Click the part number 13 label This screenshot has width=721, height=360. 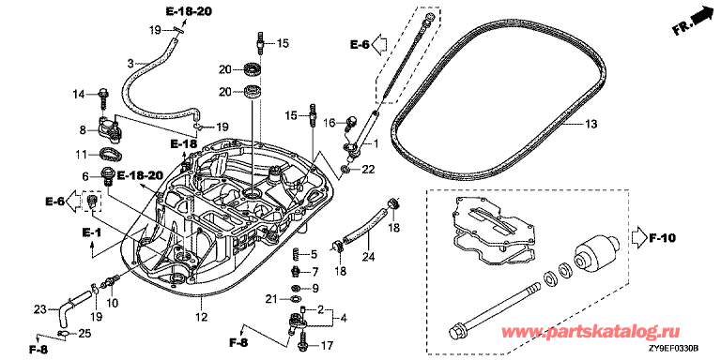591,124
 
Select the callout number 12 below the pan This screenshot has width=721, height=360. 202,317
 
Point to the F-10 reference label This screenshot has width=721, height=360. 662,238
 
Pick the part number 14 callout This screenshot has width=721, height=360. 79,95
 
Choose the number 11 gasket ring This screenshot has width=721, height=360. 111,153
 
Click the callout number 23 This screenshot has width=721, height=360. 40,310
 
